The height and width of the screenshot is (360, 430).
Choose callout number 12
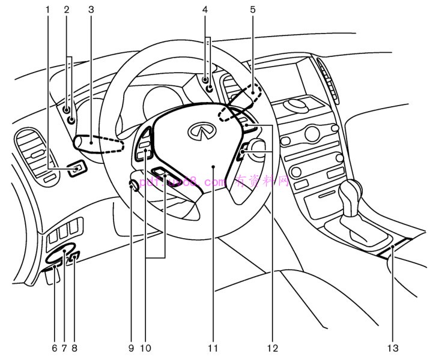click(x=273, y=347)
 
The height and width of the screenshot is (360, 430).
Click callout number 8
click(x=74, y=347)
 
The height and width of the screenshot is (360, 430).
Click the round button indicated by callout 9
click(x=133, y=187)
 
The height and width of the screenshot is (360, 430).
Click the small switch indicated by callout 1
click(x=77, y=171)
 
